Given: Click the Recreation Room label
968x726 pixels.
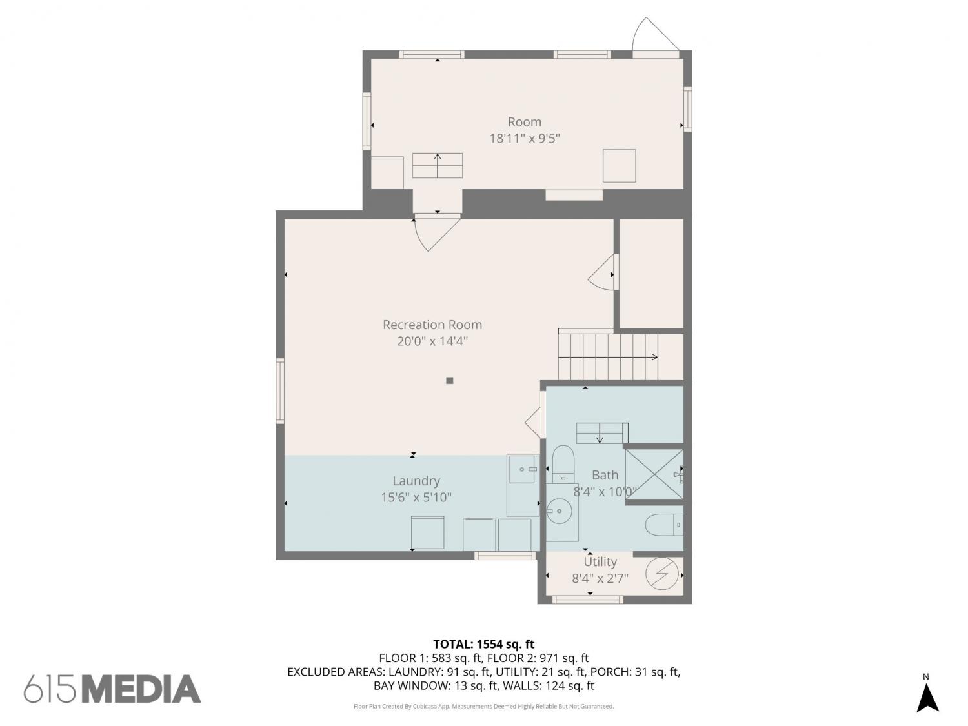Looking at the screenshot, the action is tap(432, 325).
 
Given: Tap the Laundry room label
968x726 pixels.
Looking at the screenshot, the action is tap(416, 481).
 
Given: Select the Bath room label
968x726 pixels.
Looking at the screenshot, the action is tap(605, 475).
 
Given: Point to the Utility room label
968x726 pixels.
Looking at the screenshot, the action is tap(600, 562).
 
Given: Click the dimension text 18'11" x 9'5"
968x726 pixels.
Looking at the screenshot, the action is tap(525, 139).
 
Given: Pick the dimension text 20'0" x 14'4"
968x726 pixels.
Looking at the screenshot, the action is tap(432, 341).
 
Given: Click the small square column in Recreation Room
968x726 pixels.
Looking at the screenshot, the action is tap(449, 380).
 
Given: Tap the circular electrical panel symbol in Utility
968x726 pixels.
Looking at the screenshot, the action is tap(662, 574).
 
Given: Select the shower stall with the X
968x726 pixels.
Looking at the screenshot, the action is tap(654, 475).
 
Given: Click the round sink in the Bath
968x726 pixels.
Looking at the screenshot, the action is tap(560, 511).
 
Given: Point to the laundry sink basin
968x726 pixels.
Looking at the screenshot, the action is tap(523, 469).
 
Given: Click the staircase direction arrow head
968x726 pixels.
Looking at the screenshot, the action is tap(655, 357).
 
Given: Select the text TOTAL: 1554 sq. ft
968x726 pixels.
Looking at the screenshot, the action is tap(484, 645).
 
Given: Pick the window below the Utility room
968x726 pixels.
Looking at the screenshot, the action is tap(588, 600).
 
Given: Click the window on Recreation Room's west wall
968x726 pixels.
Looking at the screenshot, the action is tap(280, 391).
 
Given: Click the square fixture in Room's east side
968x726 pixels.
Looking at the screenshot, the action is tap(619, 166).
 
